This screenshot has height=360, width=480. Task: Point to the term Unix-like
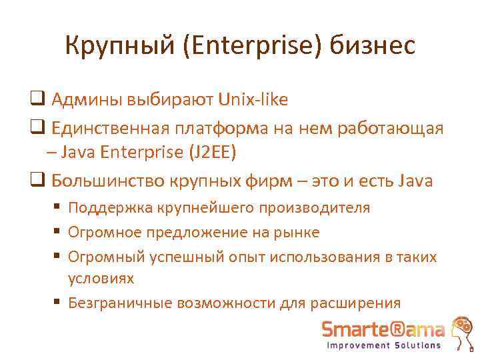coord(253,100)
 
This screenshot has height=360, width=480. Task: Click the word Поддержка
coord(110,207)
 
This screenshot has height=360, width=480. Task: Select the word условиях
coord(101,277)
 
